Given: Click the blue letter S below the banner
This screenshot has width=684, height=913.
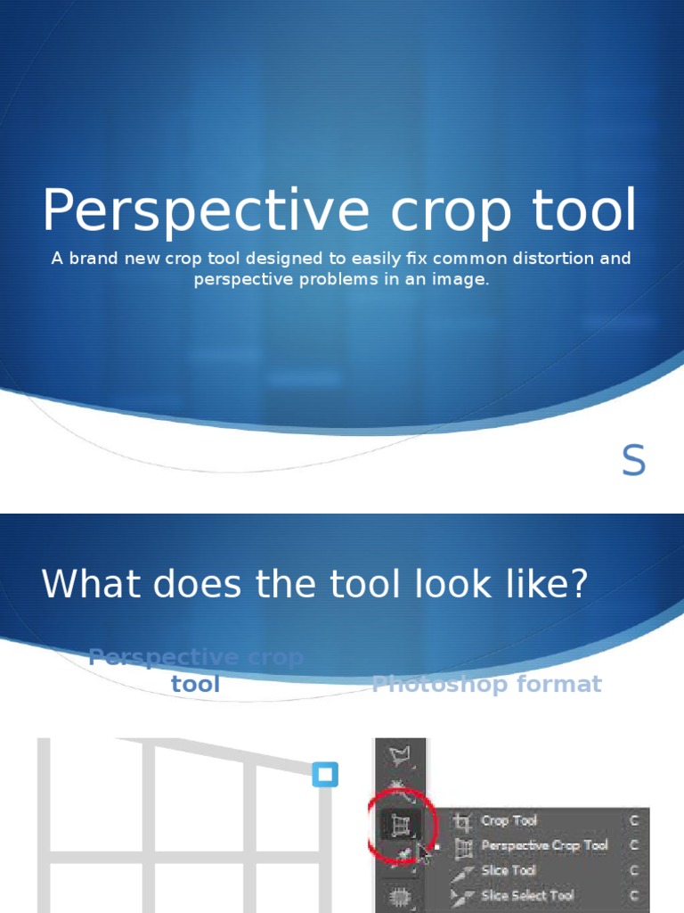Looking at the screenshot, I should (633, 461).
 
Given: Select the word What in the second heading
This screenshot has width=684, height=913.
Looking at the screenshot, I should (90, 584).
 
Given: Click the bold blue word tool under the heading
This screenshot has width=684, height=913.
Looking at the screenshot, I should (196, 685).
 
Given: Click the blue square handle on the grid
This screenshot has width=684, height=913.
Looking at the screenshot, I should (326, 774).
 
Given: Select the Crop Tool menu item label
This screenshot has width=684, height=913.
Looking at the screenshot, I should (509, 820).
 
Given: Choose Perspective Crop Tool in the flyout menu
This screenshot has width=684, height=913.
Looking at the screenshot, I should (544, 845).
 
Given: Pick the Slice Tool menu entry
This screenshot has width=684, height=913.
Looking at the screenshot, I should (509, 870).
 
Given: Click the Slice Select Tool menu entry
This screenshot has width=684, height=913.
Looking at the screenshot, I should (527, 895).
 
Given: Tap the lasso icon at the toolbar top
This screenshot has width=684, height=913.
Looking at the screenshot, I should (400, 757).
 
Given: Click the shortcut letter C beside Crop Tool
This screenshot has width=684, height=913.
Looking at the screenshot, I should (634, 820).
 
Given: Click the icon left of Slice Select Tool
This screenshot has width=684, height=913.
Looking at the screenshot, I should (464, 895).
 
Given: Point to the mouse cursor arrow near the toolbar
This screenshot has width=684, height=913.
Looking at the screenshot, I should (423, 854).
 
